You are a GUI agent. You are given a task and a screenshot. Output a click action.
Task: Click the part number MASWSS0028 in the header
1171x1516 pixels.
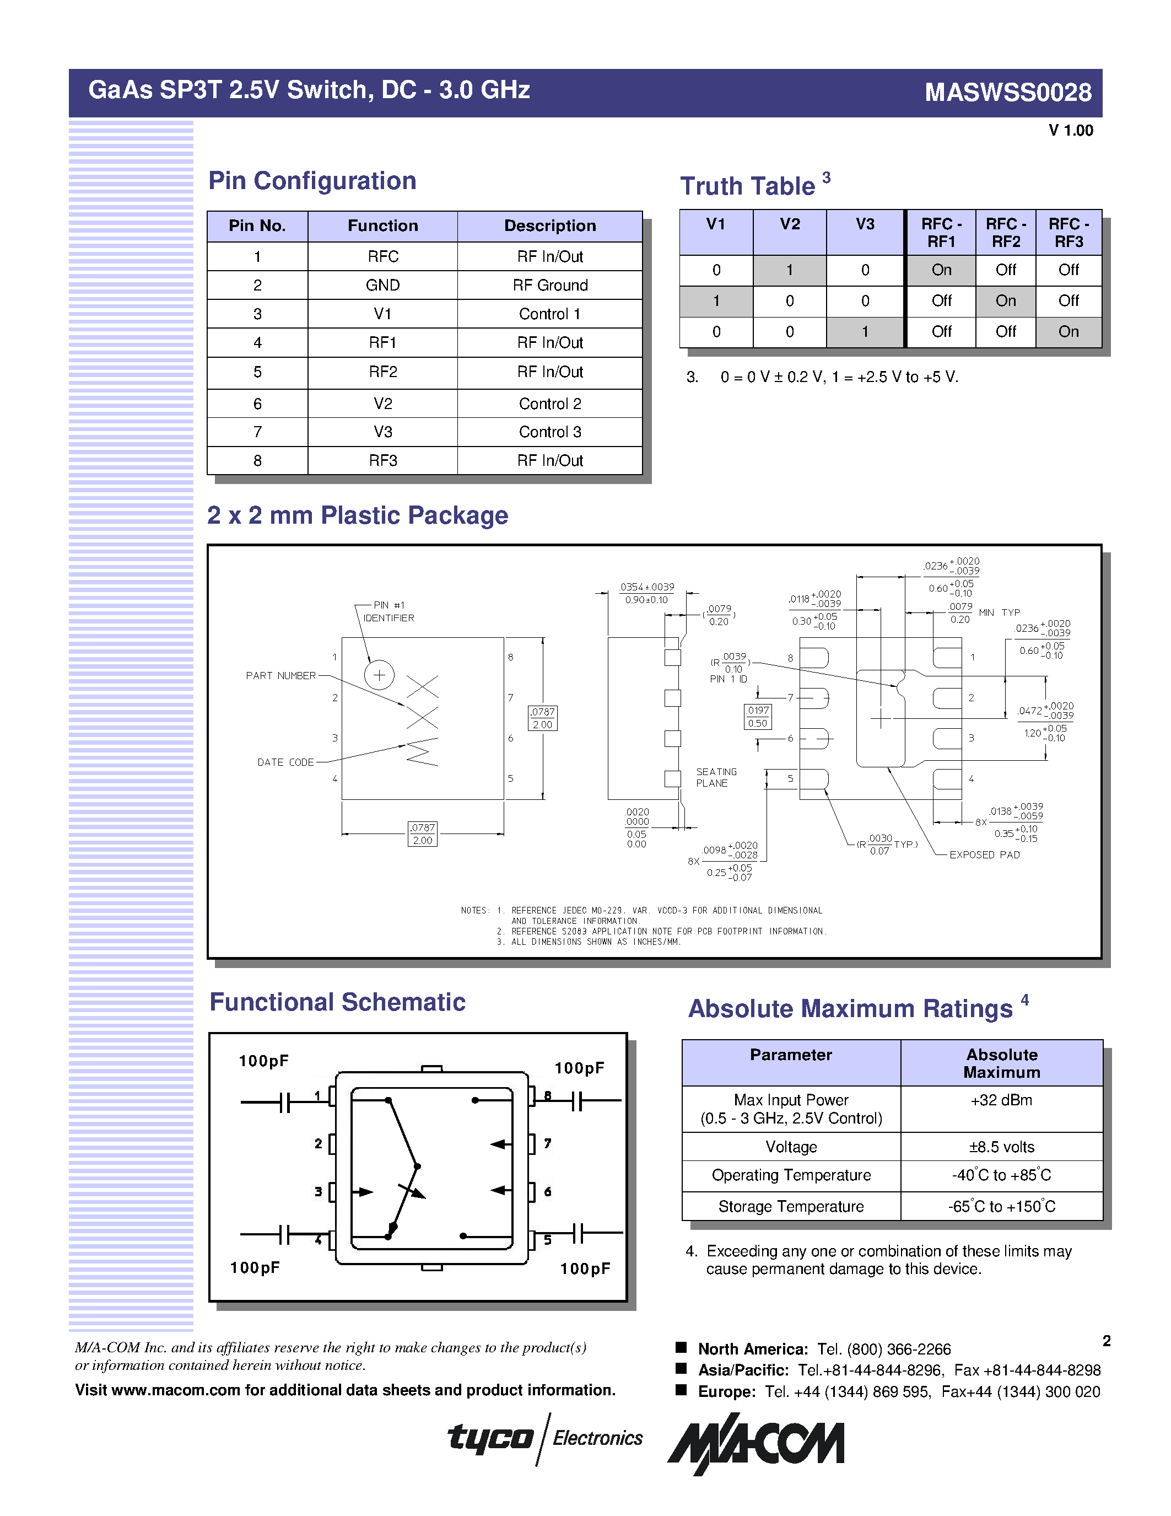point(1007,92)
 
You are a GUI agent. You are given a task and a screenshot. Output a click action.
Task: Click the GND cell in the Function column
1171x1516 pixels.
point(382,286)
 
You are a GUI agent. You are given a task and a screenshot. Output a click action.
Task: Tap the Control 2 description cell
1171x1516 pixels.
point(549,404)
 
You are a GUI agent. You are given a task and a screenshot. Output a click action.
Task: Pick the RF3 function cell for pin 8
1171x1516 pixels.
point(382,461)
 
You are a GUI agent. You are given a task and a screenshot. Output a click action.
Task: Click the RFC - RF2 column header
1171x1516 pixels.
point(1005,233)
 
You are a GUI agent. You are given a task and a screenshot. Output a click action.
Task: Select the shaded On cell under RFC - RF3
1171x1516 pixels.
point(1069,332)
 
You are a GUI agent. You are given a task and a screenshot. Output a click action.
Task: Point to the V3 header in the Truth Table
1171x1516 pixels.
point(865,224)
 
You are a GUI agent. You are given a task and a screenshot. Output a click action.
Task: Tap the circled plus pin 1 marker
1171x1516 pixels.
point(380,675)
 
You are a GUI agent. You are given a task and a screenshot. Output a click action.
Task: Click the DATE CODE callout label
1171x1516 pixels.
point(285,762)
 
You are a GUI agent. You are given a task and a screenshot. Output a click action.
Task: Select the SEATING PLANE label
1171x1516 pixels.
point(716,777)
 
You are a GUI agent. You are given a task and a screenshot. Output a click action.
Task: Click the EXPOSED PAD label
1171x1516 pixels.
point(984,855)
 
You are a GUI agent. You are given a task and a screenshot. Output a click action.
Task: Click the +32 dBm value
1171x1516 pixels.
point(1001,1100)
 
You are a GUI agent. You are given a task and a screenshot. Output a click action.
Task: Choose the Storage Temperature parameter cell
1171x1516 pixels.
point(791,1206)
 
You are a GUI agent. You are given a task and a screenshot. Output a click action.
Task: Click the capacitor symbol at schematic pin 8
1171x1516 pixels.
point(577,1100)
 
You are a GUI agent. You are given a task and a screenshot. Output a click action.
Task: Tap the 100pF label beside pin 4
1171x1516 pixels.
point(255,1267)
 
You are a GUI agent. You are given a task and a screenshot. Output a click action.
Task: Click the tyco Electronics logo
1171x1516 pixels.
point(545,1438)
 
